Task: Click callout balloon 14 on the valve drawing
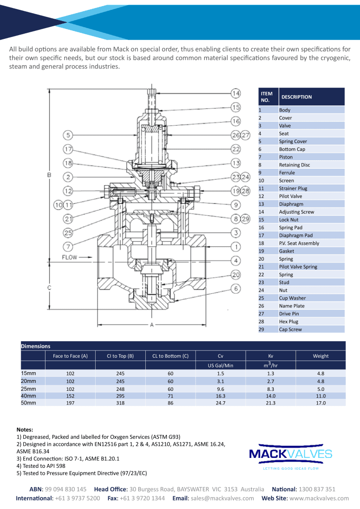pos(235,93)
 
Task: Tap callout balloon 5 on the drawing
pos(68,135)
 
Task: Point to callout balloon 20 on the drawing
pos(236,274)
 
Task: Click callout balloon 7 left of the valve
pos(68,247)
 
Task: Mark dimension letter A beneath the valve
pos(152,325)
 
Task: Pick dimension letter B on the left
pos(49,175)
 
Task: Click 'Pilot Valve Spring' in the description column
pos(298,267)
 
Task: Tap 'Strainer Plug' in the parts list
pos(293,188)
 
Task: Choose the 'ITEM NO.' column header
pos(267,97)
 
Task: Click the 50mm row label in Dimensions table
pos(28,403)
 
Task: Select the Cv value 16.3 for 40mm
pos(220,396)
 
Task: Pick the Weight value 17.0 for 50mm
pos(321,403)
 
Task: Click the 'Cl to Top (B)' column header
pos(120,356)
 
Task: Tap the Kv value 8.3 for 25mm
pos(270,389)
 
